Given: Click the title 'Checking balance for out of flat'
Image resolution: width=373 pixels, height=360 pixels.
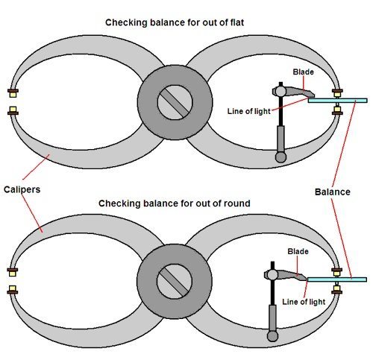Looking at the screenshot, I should pos(185,22).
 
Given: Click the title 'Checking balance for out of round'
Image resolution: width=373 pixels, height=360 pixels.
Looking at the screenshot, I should pos(185,202).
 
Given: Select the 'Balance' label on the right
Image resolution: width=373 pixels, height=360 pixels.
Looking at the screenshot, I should pos(332,192).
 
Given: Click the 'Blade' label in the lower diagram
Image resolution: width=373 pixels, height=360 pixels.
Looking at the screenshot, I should pos(298,251).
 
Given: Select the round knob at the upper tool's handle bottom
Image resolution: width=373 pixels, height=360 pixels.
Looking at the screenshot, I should pos(281,157).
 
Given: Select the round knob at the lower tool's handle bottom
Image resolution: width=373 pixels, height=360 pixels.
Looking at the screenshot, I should pos(272,336).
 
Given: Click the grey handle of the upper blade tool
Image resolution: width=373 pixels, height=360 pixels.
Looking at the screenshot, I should pos(281,138).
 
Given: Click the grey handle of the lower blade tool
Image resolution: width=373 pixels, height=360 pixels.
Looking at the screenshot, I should pos(272,317).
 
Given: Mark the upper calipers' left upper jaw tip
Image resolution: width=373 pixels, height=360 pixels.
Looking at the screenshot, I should pos(13,93).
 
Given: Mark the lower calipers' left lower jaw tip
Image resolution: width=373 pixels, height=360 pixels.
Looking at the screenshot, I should pos(13,292).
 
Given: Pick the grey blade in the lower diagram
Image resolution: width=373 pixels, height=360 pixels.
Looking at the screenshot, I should pos(287,274).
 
